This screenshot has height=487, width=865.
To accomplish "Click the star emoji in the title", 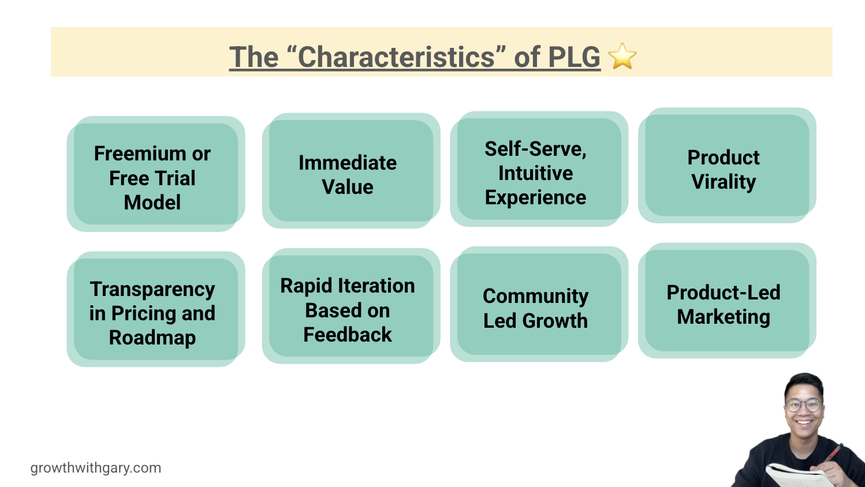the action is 622,57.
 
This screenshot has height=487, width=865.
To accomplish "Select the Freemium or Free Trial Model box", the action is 156,174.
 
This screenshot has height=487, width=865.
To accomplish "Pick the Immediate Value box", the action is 351,171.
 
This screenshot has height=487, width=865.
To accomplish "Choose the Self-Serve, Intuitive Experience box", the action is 539,169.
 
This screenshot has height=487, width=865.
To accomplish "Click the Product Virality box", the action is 727,165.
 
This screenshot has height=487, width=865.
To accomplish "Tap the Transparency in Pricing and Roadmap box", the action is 156,309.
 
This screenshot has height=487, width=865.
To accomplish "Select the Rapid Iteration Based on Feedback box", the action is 351,306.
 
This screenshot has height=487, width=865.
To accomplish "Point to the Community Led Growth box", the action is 539,304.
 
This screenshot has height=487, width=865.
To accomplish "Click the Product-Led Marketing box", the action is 727,301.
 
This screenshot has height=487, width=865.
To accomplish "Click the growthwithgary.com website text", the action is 96,468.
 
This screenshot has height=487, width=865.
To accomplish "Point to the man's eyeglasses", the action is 804,406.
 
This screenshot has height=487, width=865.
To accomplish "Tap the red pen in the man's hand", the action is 834,453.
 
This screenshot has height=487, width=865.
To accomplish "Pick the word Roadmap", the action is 152,338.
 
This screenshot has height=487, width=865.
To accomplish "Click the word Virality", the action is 724,182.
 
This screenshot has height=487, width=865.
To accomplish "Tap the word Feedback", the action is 347,335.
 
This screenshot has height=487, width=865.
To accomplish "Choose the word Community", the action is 536,297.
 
